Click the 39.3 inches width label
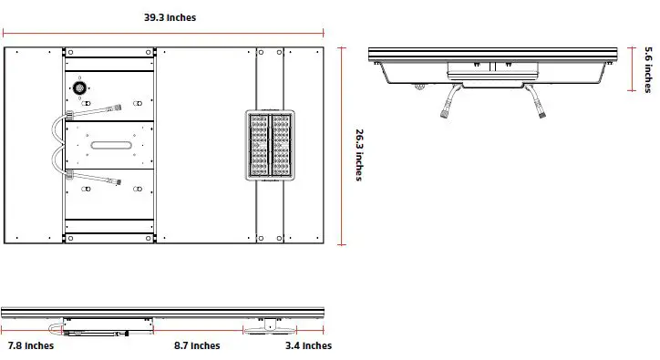170,17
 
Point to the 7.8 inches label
31,345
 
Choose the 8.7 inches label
197,345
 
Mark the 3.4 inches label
309,345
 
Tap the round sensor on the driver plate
79,88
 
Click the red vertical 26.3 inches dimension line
343,146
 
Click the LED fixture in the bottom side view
266,325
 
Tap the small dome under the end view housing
418,87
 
